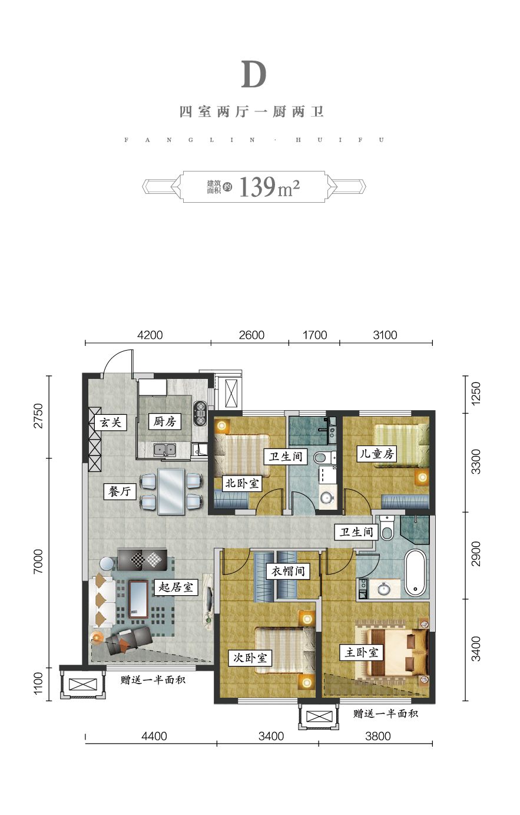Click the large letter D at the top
pyautogui.click(x=254, y=74)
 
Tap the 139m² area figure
pyautogui.click(x=269, y=187)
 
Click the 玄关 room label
pyautogui.click(x=111, y=423)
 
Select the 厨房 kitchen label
pyautogui.click(x=165, y=421)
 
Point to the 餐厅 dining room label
pyautogui.click(x=120, y=491)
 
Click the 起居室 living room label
pyautogui.click(x=176, y=588)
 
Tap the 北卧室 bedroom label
pyautogui.click(x=242, y=483)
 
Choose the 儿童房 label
pyautogui.click(x=377, y=454)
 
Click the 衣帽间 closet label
pyautogui.click(x=287, y=571)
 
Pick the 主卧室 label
pyautogui.click(x=362, y=652)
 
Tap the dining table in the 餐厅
pyautogui.click(x=171, y=491)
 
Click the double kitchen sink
pyautogui.click(x=165, y=450)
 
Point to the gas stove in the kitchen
pyautogui.click(x=200, y=413)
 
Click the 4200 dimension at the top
pyautogui.click(x=150, y=335)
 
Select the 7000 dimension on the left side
pyautogui.click(x=38, y=562)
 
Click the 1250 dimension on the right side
pyautogui.click(x=476, y=392)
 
